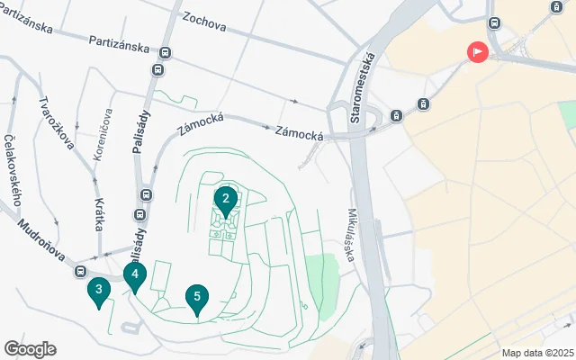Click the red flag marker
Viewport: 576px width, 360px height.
pyautogui.click(x=476, y=52)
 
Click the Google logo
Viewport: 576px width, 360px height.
pyautogui.click(x=30, y=349)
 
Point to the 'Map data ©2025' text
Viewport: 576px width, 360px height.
pyautogui.click(x=537, y=353)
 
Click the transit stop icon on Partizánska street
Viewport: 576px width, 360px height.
pyautogui.click(x=158, y=69)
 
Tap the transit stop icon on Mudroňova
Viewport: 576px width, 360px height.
pyautogui.click(x=80, y=271)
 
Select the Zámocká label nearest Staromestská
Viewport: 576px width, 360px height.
pyautogui.click(x=299, y=134)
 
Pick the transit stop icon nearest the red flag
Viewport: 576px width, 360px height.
pyautogui.click(x=493, y=22)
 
